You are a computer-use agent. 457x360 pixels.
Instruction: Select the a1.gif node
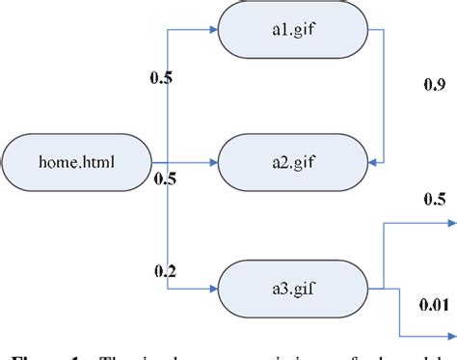[x=294, y=30]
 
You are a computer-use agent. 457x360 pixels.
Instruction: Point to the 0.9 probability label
[x=434, y=86]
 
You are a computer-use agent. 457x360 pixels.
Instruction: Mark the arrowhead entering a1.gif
[x=214, y=30]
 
